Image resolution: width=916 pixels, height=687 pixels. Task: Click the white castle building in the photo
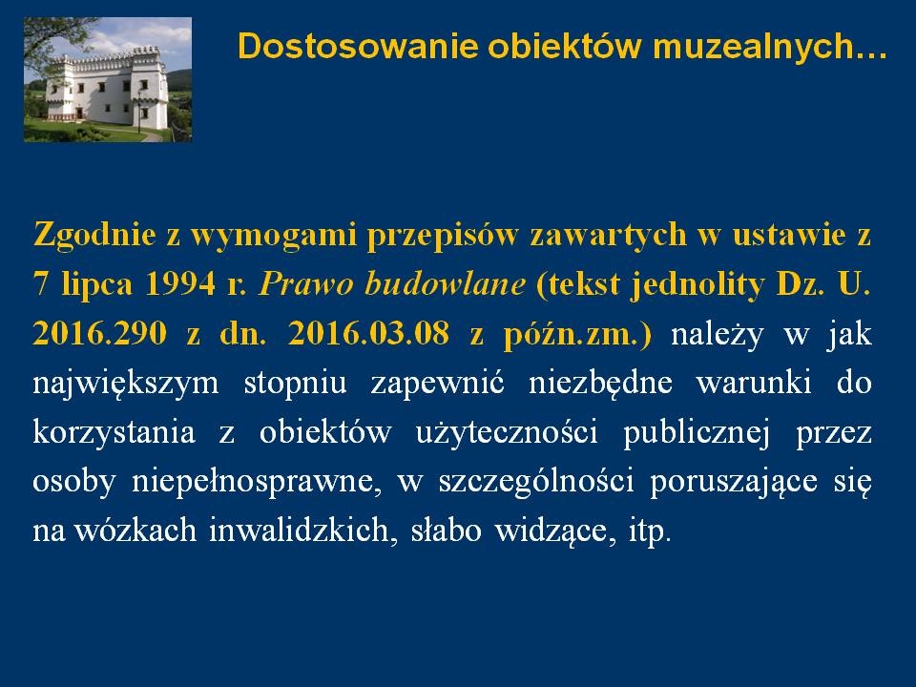coord(107,87)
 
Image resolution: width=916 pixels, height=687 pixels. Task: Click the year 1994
coord(180,284)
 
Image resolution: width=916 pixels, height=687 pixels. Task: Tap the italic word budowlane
coord(445,284)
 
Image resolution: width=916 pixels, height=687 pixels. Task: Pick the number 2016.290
coord(100,334)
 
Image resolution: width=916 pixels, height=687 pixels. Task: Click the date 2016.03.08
coord(368,334)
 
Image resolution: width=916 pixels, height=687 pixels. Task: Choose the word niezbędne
coord(600,384)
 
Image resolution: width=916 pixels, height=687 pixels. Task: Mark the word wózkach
coord(135,531)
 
